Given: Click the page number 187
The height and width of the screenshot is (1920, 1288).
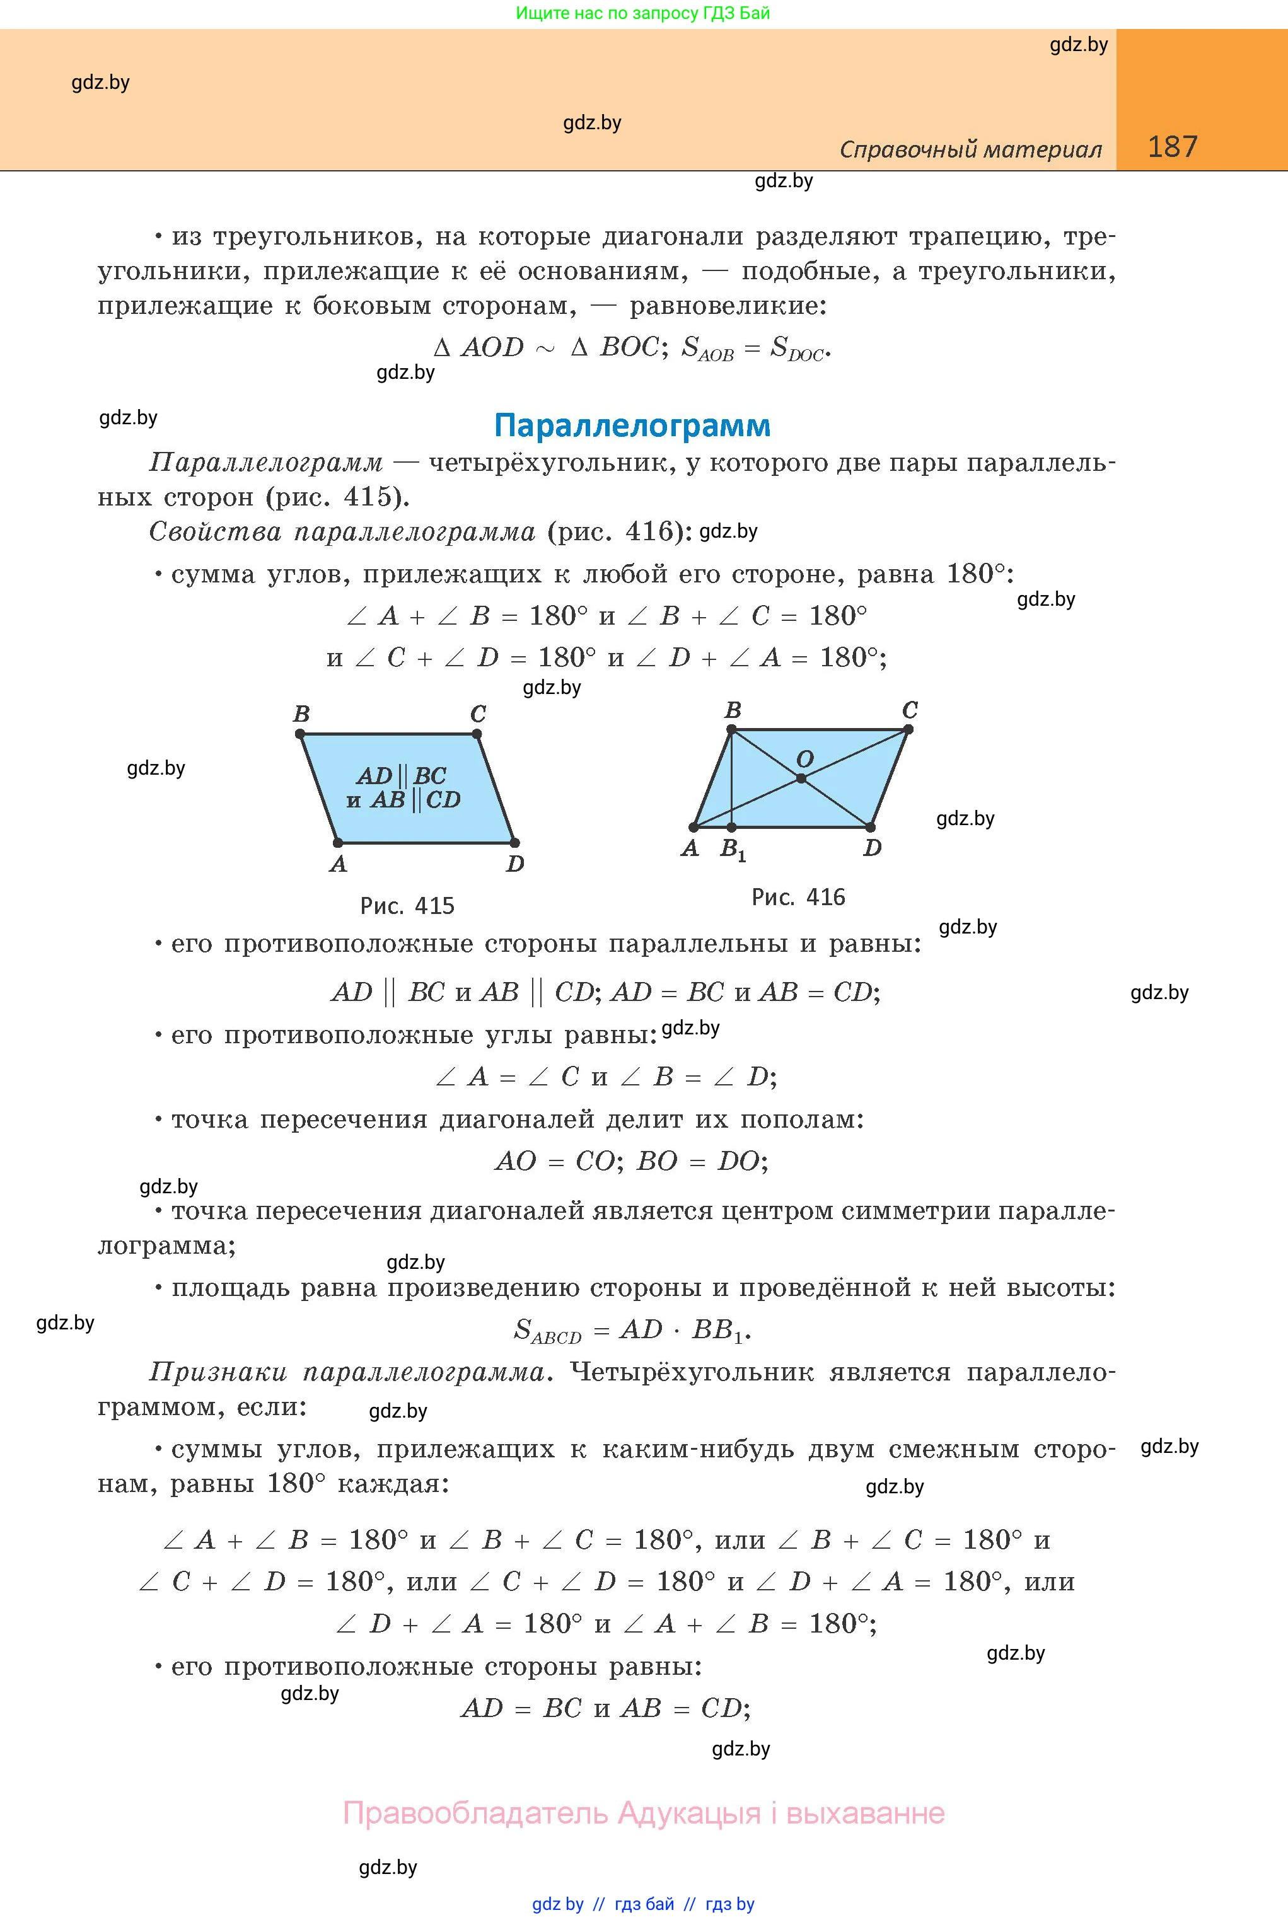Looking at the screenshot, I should point(1172,147).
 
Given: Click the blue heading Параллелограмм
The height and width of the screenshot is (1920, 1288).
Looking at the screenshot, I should point(632,425).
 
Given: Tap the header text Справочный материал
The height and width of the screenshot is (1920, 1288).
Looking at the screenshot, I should point(970,149).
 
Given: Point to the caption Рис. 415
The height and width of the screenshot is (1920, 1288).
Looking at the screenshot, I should point(407,906).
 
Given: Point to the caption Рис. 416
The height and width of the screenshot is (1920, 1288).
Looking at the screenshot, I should point(798,897).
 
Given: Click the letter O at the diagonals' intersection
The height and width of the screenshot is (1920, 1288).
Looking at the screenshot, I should point(805,759).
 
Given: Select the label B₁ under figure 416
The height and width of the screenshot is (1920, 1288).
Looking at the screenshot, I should point(733,849).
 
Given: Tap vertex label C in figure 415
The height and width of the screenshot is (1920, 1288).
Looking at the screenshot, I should point(478,714).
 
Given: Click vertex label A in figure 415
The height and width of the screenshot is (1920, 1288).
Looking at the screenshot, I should point(338,864).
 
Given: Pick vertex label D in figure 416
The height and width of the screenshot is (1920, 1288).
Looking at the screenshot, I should point(873,848).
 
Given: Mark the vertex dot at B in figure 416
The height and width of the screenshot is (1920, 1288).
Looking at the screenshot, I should point(732,729).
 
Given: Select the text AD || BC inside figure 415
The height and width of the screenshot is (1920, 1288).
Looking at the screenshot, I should point(402,775).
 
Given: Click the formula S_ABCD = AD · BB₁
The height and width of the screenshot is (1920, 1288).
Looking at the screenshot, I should point(632,1329).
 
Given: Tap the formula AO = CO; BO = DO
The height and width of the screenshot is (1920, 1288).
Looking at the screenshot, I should point(632,1160).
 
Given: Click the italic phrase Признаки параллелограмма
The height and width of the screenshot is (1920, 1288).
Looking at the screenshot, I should point(347,1372).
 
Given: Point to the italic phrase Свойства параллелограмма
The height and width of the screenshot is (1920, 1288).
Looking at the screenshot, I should point(342,532).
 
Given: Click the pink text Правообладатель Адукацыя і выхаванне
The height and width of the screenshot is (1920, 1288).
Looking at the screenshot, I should point(643,1812).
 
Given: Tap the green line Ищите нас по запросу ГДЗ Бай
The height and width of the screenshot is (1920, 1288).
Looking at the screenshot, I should point(643,13).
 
